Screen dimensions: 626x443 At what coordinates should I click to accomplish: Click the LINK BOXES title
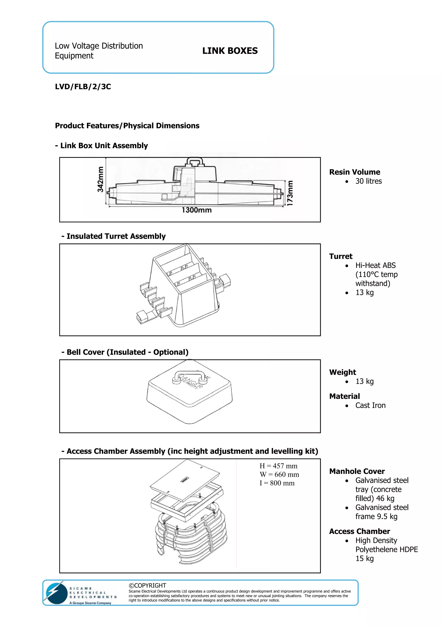(230, 51)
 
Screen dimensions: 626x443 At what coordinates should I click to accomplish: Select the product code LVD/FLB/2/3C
(83, 87)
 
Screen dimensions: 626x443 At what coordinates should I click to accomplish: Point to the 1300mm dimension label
(197, 210)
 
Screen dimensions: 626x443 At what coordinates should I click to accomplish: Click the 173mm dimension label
(290, 193)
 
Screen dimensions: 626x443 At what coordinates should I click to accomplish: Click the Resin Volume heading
(354, 172)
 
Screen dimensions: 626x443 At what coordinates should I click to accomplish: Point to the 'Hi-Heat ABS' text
(375, 265)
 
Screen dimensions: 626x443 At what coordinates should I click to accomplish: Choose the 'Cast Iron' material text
(370, 405)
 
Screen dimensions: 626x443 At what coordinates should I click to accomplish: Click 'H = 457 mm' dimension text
(278, 466)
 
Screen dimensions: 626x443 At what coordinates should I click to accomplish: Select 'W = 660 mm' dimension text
(279, 474)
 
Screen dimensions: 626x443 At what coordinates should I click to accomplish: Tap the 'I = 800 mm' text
(277, 483)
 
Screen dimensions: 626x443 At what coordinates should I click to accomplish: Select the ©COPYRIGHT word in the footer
(147, 585)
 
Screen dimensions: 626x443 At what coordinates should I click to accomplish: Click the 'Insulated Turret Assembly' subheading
(116, 236)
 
